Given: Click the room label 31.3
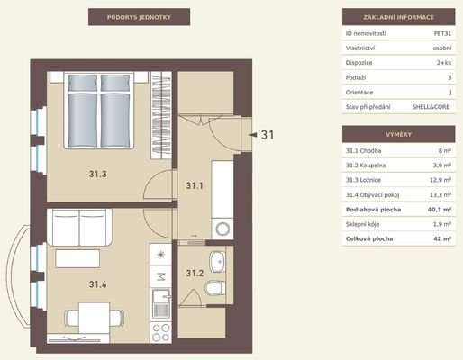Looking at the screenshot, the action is [x=97, y=174].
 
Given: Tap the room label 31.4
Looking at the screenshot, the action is [x=97, y=284].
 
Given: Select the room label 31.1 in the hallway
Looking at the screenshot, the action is [x=195, y=185].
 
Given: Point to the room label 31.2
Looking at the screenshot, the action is [x=195, y=273].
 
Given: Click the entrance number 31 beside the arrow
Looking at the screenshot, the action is [x=268, y=135].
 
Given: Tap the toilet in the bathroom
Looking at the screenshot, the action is [x=215, y=288].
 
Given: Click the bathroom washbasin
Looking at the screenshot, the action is [x=217, y=262].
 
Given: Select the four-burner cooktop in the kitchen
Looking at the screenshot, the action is [x=160, y=333].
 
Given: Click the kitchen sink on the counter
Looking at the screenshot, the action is [x=161, y=303].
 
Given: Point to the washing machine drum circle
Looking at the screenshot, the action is [x=222, y=229].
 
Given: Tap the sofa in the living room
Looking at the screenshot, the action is [x=79, y=228].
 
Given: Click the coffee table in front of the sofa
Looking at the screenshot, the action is [x=77, y=258].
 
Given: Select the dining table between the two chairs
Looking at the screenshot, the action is [x=94, y=318].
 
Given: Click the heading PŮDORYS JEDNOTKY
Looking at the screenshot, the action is [x=139, y=17].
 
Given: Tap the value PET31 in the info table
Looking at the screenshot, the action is [x=442, y=33].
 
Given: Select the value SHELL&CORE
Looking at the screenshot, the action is [x=431, y=107].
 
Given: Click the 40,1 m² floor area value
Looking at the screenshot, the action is [x=440, y=210].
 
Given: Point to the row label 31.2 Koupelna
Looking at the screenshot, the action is [x=366, y=166].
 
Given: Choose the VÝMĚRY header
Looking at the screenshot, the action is [x=398, y=134].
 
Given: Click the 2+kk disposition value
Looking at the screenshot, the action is [x=444, y=63].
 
